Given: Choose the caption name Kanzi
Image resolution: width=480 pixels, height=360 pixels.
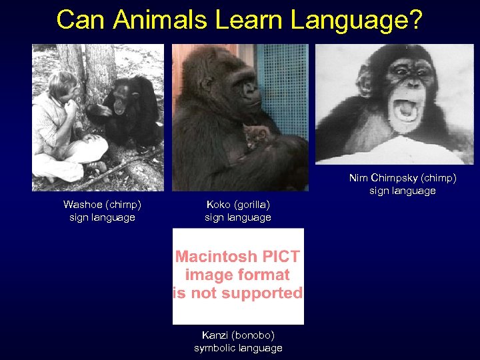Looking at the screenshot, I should pos(215,335).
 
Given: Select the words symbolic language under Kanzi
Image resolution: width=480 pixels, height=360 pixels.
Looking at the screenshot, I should pos(238,348).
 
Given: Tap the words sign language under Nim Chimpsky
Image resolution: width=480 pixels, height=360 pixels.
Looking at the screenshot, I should pos(402,191).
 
